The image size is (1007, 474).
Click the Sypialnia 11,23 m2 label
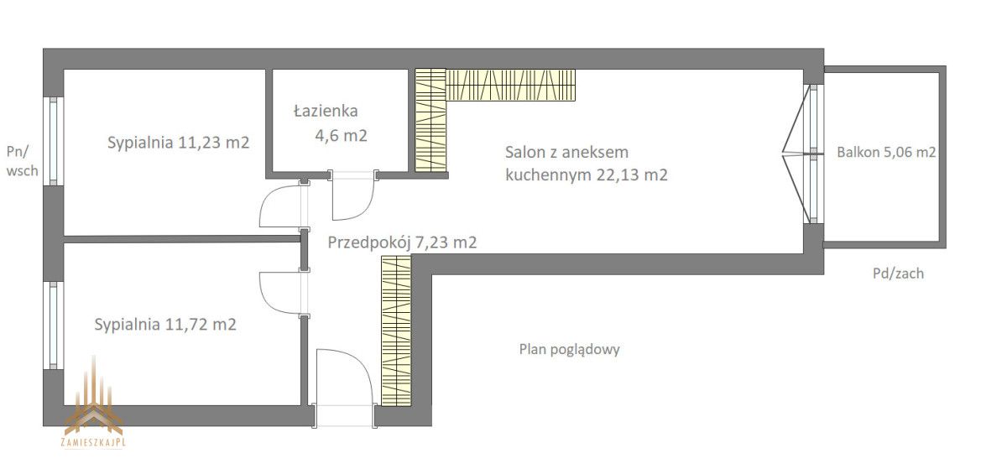click(x=178, y=143)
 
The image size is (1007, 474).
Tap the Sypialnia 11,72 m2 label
click(x=165, y=324)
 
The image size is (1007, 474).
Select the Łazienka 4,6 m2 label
click(x=326, y=122)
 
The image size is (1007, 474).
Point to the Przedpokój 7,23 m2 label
click(x=402, y=243)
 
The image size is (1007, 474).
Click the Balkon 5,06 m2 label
click(x=886, y=153)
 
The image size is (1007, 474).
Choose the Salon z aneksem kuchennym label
click(x=586, y=164)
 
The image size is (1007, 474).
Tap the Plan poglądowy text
click(x=569, y=350)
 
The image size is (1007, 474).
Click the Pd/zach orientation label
click(x=896, y=273)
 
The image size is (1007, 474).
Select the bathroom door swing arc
click(x=352, y=198)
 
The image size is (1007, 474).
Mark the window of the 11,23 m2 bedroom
click(x=54, y=140)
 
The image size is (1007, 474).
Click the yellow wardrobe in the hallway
click(x=395, y=331)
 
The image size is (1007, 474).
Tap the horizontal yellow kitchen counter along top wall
click(x=512, y=84)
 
